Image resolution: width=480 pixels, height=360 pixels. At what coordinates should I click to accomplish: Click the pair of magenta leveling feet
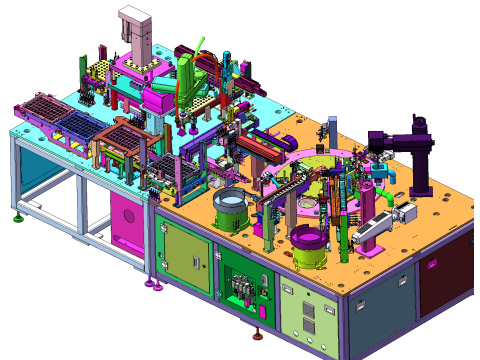tap(153, 284)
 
